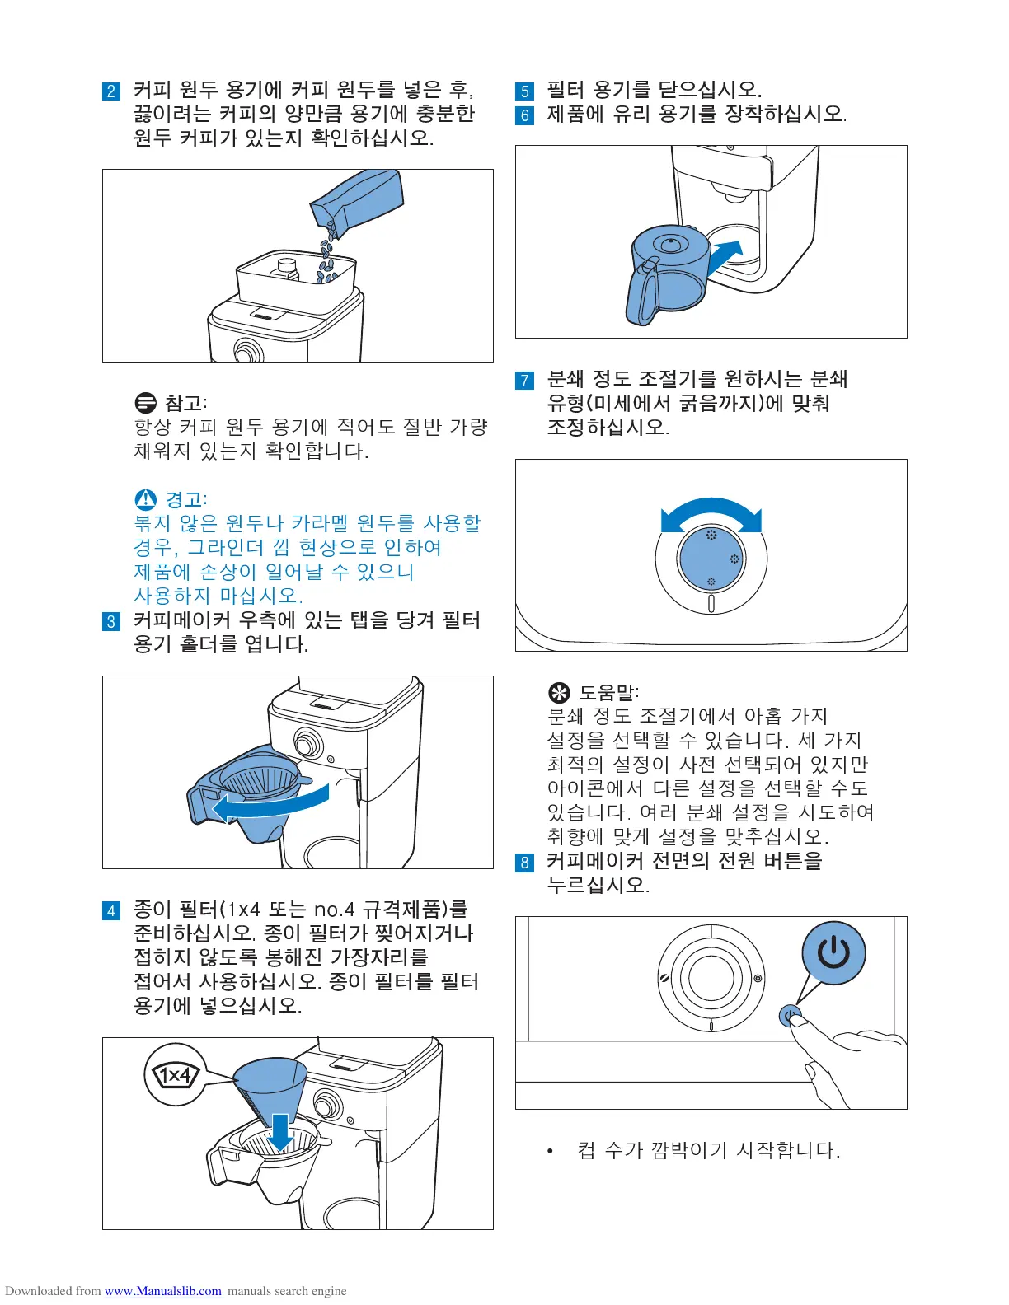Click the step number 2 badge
click(x=111, y=91)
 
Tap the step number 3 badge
click(x=111, y=621)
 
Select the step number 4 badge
click(x=111, y=910)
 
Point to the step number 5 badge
click(x=525, y=91)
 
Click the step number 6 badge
click(x=525, y=115)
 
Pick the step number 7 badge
click(x=525, y=381)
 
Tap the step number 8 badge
click(x=525, y=863)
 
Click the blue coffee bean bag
click(x=359, y=202)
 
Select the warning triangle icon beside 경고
click(x=145, y=499)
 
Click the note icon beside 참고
click(x=145, y=403)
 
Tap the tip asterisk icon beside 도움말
click(x=559, y=692)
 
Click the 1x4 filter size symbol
click(x=175, y=1075)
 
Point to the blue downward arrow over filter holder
click(x=280, y=1130)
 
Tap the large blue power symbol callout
click(x=833, y=953)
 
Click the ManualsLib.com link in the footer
click(x=162, y=1291)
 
